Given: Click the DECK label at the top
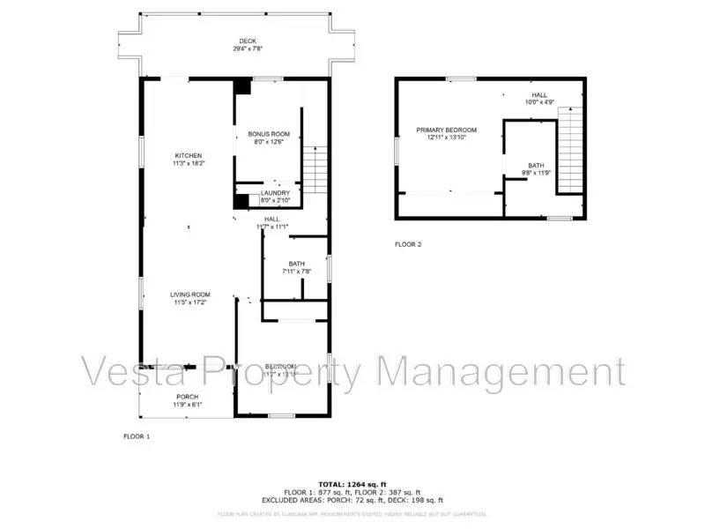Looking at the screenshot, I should coord(248,41).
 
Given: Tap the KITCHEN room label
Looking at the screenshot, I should coord(188,155).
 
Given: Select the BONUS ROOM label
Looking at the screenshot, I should coord(268,134).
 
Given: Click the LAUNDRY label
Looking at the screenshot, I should coord(274,193).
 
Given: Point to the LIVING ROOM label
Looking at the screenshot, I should coord(190,294).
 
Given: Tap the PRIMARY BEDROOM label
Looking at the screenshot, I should coord(446,130).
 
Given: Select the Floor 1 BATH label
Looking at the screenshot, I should coord(296,264).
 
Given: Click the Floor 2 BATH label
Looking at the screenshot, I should coord(536,166).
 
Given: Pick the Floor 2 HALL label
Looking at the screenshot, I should coord(538,94).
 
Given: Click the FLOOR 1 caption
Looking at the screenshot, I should coord(136,436).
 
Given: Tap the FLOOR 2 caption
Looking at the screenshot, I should coord(407,244).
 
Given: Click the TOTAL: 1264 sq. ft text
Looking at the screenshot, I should coord(352,484).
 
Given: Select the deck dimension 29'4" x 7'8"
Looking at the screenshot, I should coord(248,48).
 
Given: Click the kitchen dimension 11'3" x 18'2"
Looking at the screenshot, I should coord(188,163).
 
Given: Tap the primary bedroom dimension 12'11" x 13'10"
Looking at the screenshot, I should coord(446,138).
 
